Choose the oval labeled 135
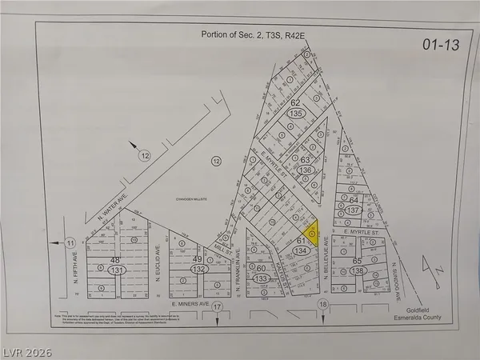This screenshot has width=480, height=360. click(x=296, y=114)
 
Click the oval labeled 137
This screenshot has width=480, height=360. click(x=354, y=210)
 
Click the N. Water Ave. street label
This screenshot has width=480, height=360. click(x=112, y=210)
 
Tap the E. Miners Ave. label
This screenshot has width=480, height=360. click(x=190, y=305)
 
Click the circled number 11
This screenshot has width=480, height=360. click(x=71, y=242)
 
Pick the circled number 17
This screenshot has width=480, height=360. click(x=217, y=306)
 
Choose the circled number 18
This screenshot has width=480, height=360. click(x=323, y=306)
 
